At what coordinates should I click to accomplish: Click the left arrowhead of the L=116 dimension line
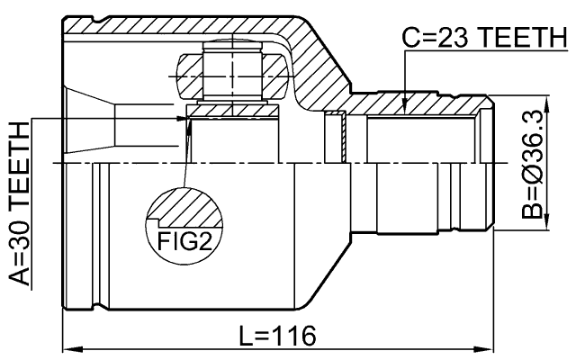68,348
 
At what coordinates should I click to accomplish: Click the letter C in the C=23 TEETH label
409,40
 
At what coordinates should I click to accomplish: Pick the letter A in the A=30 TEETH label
17,274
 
